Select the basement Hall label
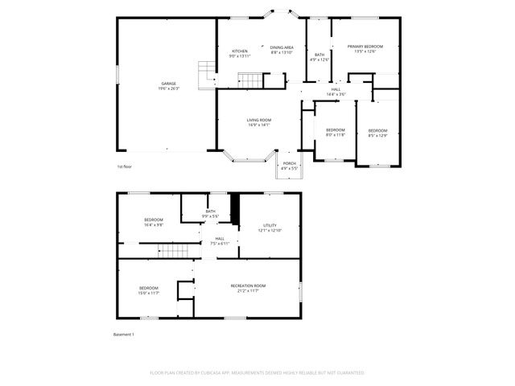[x=220, y=240]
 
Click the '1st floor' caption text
[x=124, y=166]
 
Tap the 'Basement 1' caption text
[x=123, y=334]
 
